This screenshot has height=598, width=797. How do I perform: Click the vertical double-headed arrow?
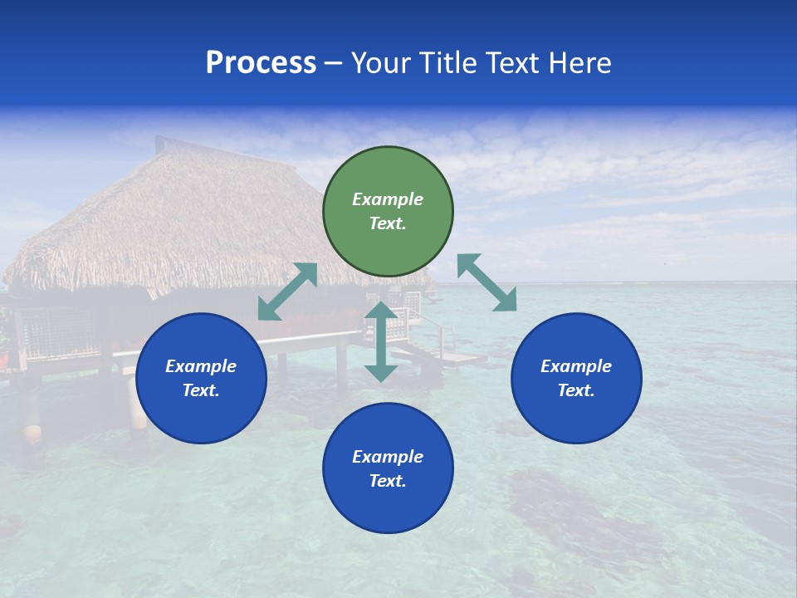pos(381,341)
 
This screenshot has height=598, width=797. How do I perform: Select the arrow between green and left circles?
pos(287,292)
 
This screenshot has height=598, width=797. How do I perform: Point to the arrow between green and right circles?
pos(487,282)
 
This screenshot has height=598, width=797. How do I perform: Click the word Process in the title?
pos(261,63)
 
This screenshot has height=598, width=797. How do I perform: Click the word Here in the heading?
pos(580,63)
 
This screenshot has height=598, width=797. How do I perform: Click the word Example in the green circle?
pos(388,199)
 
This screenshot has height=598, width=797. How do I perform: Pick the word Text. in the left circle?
pos(201,390)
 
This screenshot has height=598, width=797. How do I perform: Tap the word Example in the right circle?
pos(576,366)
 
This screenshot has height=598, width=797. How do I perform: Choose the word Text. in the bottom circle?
pos(388,481)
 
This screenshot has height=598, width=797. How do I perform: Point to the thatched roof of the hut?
pos(166,216)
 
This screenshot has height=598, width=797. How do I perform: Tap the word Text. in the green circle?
pos(388,223)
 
